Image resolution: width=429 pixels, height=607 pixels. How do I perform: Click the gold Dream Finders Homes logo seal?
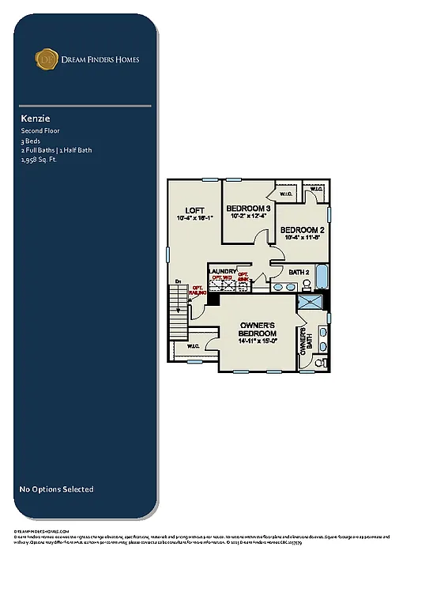coord(46,58)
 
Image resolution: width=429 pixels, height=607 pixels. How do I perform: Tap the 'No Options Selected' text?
coord(56,489)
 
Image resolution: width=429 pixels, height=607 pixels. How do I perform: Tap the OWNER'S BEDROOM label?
coord(258,330)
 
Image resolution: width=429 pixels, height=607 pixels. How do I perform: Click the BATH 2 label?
coord(299,272)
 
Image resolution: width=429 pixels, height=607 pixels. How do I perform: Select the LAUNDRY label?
coord(222,271)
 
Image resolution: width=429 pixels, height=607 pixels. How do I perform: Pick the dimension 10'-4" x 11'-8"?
coord(302,236)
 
